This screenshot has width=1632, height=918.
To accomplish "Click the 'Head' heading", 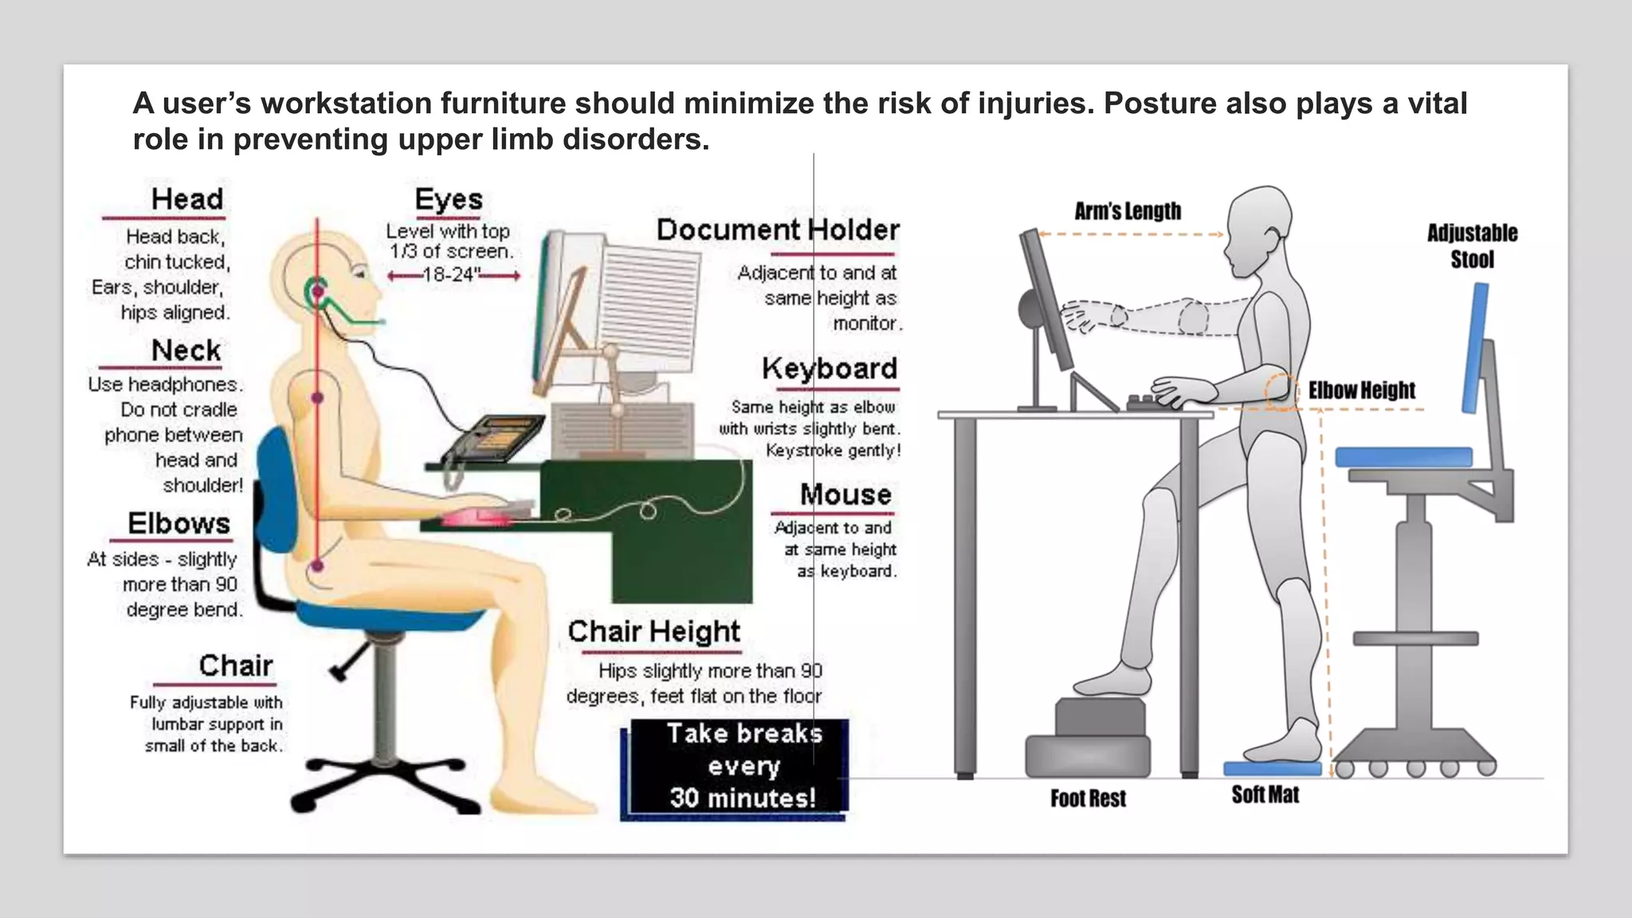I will pos(187,199).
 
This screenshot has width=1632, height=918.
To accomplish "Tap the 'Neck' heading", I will pos(186,351).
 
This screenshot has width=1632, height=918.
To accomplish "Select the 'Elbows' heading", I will pos(179,524).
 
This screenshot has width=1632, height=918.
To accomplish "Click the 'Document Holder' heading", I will pos(778,230).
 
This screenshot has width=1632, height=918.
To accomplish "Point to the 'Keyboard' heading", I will pos(830,369).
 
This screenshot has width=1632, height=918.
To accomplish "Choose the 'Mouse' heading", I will pos(845,495).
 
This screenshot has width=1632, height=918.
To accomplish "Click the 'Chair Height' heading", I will pos(653,632).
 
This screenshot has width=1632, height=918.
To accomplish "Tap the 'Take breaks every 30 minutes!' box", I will pos(739,767).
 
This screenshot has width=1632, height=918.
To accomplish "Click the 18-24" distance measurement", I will pos(452,276).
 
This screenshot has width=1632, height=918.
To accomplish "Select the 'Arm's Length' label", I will pos(1128,211).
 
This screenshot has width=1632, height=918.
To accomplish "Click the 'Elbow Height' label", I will pos(1361,390).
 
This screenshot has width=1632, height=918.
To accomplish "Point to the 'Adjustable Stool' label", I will pos(1472,246).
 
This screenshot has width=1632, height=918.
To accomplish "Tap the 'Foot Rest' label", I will pos(1088,798).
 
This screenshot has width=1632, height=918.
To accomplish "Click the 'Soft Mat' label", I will pos(1265,795).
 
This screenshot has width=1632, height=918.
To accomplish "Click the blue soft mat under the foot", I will pos(1272,769).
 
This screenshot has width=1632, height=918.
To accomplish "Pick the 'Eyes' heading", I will pos(449,199).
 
